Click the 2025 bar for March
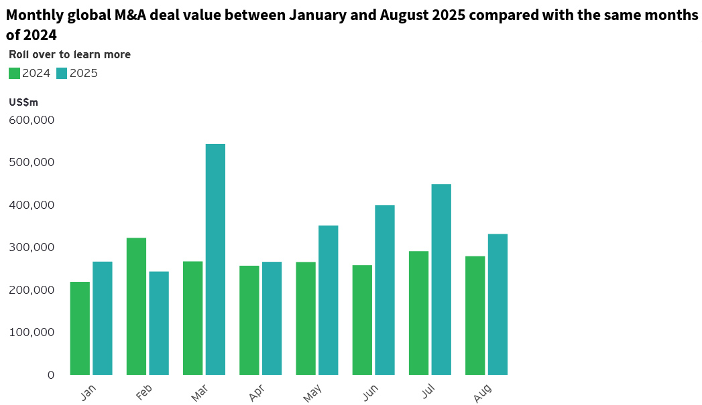pyautogui.click(x=215, y=259)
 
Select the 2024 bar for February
pyautogui.click(x=136, y=306)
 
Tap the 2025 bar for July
pyautogui.click(x=441, y=279)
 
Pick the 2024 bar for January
pyautogui.click(x=80, y=328)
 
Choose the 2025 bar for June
pyautogui.click(x=385, y=289)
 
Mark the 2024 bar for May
pyautogui.click(x=306, y=318)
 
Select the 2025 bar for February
pyautogui.click(x=159, y=323)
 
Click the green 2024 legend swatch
pyautogui.click(x=14, y=74)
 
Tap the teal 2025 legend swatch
pyautogui.click(x=62, y=74)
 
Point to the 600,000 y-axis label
pyautogui.click(x=32, y=120)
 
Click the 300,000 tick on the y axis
pyautogui.click(x=32, y=247)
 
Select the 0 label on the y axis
pyautogui.click(x=50, y=375)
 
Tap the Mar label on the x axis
pyautogui.click(x=200, y=393)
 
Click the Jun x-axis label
pyautogui.click(x=369, y=393)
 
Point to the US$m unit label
pyautogui.click(x=23, y=102)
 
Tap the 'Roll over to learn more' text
pyautogui.click(x=70, y=55)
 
